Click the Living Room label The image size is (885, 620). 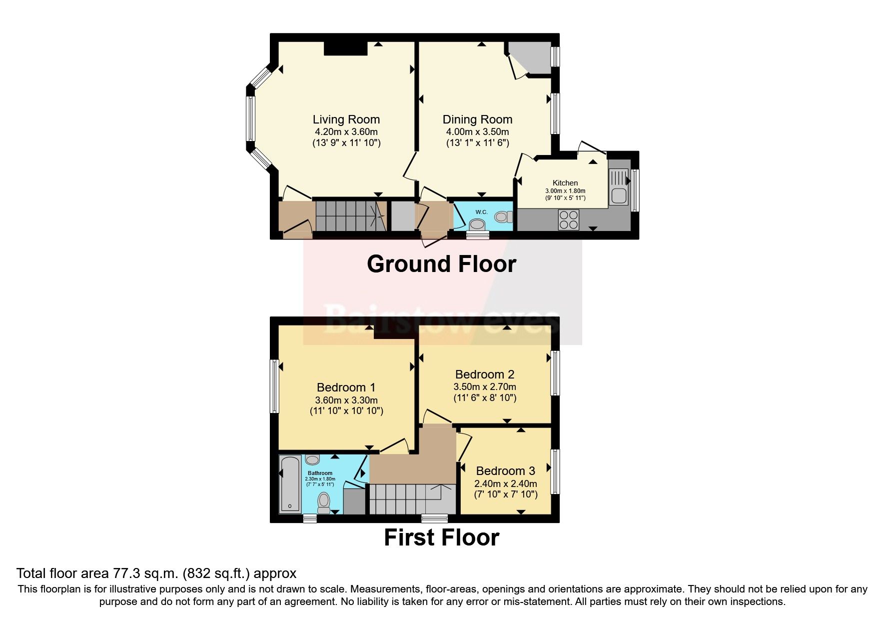click(346, 119)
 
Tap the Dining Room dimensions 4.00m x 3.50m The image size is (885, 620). click(477, 132)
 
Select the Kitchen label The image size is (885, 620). click(565, 183)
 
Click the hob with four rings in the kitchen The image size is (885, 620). click(568, 219)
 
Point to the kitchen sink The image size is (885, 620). click(619, 187)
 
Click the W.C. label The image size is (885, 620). click(481, 212)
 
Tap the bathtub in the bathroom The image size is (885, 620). click(289, 484)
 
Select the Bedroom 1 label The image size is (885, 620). click(346, 387)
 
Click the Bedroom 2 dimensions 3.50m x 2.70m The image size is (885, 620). click(484, 386)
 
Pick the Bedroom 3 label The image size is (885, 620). click(505, 471)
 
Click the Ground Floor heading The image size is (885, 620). click(441, 264)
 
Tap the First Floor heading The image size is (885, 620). click(441, 537)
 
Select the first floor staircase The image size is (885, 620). click(405, 498)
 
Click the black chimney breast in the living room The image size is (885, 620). click(345, 48)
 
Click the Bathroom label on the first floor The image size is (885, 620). click(320, 473)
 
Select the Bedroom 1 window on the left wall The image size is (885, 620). click(274, 386)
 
